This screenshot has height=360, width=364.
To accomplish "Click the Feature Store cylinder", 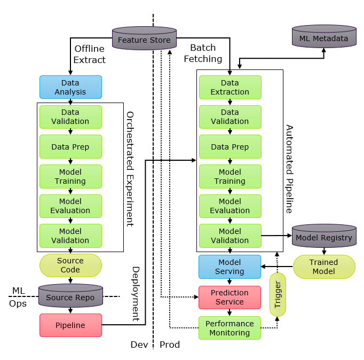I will [x=144, y=40].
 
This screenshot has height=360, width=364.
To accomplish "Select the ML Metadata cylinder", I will [x=323, y=38].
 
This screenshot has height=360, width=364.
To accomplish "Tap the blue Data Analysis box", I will [x=70, y=87].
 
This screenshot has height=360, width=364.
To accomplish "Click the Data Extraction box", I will [x=230, y=87].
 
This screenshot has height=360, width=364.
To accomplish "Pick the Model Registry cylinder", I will [x=323, y=237].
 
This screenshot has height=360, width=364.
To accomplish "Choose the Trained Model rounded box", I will [x=323, y=267].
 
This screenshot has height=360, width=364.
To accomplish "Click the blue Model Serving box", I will [x=230, y=267].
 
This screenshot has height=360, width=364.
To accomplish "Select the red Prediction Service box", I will [x=230, y=297].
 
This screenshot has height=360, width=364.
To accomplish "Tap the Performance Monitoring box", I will [x=230, y=328].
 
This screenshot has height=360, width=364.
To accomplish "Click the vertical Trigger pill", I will [x=278, y=294].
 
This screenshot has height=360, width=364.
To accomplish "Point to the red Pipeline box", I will [x=70, y=325].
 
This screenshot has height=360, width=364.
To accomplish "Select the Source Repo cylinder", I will [x=70, y=296].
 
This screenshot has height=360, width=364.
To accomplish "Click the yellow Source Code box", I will [x=70, y=265].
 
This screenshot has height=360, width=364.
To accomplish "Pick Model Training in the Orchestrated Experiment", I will [x=70, y=176].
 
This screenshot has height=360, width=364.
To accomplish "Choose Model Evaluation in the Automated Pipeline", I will [x=230, y=206].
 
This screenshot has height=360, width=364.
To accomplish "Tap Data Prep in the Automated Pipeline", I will [x=230, y=147].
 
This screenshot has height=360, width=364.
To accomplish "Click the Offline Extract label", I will [x=90, y=54].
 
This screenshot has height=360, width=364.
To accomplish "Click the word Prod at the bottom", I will [x=170, y=345].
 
